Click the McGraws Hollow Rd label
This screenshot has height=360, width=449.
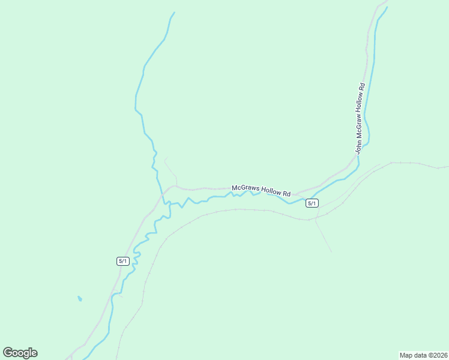[261, 190]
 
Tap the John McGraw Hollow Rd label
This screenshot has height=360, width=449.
[359, 118]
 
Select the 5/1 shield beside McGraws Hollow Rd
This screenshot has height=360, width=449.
[312, 203]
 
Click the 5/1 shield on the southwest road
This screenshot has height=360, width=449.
[122, 261]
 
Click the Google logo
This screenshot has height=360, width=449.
[20, 353]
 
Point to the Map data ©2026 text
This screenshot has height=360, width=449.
[423, 355]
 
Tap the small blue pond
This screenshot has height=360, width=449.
[79, 298]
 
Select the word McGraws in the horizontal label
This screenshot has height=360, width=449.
[246, 188]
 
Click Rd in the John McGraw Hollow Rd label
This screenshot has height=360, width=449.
[361, 87]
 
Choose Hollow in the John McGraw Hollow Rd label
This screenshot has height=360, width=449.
[360, 104]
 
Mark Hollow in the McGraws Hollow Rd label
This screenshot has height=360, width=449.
[271, 191]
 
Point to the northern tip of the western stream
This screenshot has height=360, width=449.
[174, 13]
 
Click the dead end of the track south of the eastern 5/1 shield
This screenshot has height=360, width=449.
[331, 251]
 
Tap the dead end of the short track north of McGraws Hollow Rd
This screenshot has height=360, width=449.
[165, 159]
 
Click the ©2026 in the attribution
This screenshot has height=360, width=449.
[435, 355]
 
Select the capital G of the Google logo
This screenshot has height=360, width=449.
[8, 352]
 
